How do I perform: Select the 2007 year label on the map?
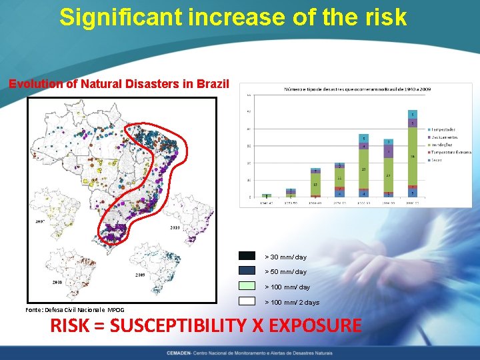click(x=39, y=221)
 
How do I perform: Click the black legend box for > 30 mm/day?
click(x=247, y=256)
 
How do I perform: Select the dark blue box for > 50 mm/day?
click(x=247, y=271)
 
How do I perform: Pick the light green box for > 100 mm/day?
click(x=247, y=286)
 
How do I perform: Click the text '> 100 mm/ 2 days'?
click(x=292, y=303)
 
